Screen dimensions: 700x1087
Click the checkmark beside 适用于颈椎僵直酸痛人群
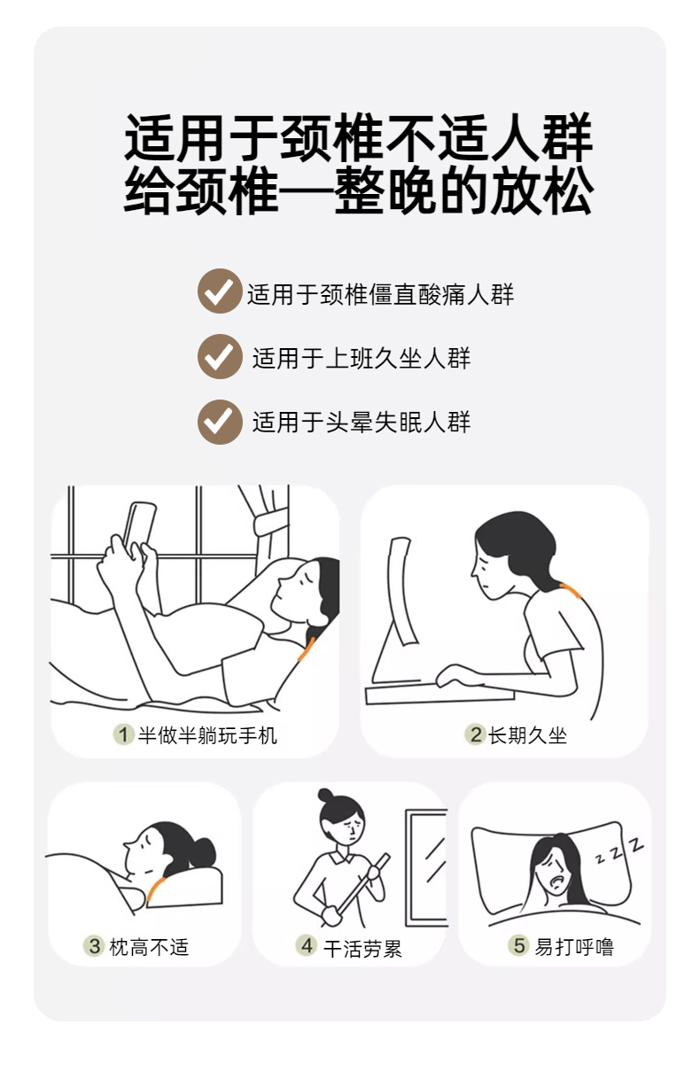(220, 291)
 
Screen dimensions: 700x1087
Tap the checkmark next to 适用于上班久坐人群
(220, 356)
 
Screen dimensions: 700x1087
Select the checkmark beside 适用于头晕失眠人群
(220, 422)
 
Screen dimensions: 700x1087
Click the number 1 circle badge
(123, 734)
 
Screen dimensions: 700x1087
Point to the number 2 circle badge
(475, 734)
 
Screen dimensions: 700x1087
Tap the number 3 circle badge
(94, 946)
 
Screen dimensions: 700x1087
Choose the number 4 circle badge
(307, 945)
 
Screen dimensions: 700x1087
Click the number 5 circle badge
(519, 945)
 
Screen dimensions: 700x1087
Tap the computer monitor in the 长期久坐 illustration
(402, 590)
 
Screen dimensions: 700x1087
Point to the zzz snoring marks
(620, 851)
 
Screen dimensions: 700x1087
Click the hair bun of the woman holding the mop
(325, 796)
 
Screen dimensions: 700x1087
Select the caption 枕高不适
(149, 947)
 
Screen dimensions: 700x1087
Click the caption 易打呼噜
(574, 946)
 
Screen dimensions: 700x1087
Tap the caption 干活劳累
(362, 949)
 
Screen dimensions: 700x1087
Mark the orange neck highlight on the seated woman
(571, 590)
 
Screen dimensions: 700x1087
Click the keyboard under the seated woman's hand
(439, 694)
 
